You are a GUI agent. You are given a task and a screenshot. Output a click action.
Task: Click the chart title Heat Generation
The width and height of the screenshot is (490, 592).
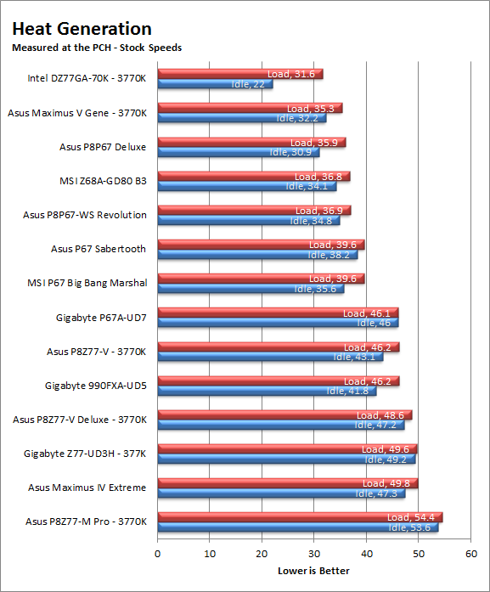tap(82, 29)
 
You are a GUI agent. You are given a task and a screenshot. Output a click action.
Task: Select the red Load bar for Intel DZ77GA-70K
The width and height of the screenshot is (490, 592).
tap(240, 74)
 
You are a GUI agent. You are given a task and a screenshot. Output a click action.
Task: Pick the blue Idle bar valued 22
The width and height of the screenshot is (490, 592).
tap(215, 84)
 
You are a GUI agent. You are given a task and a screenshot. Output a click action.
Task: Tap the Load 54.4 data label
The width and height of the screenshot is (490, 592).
tap(411, 517)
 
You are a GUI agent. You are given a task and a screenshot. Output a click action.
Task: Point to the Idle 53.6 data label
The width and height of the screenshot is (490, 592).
tap(409, 527)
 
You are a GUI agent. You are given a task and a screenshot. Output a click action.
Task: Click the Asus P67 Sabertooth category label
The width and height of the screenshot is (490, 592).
tap(99, 249)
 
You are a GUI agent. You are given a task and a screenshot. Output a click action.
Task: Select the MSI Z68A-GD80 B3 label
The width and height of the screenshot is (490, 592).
tap(103, 181)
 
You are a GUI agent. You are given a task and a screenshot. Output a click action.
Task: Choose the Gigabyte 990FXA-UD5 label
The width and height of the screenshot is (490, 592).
tap(96, 386)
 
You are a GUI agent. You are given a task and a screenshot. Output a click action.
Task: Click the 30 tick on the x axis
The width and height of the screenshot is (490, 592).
tap(314, 554)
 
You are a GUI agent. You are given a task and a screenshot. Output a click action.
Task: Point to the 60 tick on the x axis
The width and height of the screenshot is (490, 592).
tap(471, 554)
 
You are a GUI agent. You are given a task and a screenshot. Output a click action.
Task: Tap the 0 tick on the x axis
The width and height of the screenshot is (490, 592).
tap(157, 554)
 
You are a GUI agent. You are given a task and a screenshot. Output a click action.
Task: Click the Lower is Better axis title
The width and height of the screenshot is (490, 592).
tap(313, 571)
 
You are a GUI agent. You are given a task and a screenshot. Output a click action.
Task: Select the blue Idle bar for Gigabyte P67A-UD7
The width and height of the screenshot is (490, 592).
tap(279, 323)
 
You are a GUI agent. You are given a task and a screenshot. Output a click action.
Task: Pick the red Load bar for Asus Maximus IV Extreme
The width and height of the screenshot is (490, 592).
tap(288, 483)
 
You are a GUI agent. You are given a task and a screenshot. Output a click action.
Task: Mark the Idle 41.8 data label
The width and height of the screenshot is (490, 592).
tap(347, 391)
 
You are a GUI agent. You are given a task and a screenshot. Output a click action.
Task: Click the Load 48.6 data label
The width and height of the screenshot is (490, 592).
tap(380, 415)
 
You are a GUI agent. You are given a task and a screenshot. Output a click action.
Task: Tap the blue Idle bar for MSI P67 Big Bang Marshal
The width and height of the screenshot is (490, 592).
tap(251, 289)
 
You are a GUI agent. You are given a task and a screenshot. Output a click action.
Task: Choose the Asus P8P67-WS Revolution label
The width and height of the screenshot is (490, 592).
tap(85, 215)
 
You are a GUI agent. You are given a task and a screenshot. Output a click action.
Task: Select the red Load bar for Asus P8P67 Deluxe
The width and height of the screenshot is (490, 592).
tap(252, 143)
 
